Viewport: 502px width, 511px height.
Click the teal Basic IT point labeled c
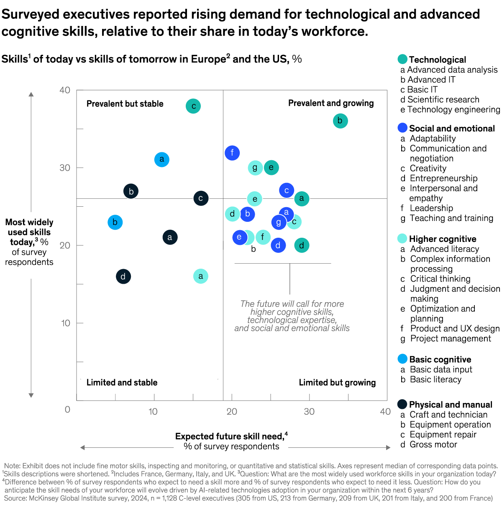[193, 106]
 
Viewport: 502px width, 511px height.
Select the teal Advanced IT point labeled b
[340, 121]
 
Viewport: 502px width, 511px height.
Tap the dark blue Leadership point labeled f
[232, 153]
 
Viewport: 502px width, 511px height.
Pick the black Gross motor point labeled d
[123, 276]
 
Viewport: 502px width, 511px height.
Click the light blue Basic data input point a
[162, 159]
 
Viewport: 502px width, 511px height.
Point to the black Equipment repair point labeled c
[201, 198]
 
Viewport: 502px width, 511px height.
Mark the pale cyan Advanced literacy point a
[201, 276]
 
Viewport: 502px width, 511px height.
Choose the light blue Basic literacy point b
[115, 222]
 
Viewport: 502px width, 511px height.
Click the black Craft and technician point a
[170, 237]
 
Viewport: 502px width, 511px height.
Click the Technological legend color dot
[402, 59]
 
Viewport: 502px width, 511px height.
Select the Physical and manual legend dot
[402, 404]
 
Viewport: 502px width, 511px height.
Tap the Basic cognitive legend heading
[440, 359]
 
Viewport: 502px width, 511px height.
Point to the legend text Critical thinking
[440, 279]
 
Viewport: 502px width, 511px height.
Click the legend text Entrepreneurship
[443, 178]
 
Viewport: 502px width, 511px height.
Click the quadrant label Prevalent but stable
[125, 104]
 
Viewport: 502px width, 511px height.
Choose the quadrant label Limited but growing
[337, 383]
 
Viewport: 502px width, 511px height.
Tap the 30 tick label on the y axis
[65, 167]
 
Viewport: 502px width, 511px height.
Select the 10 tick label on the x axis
[153, 411]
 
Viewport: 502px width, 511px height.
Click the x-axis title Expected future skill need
[229, 437]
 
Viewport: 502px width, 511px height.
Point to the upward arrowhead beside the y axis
[31, 94]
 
